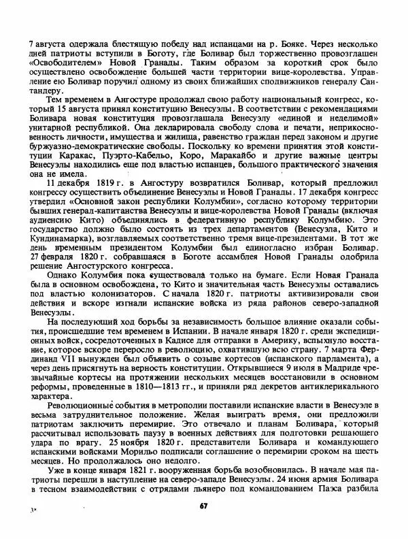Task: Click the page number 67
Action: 203,505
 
